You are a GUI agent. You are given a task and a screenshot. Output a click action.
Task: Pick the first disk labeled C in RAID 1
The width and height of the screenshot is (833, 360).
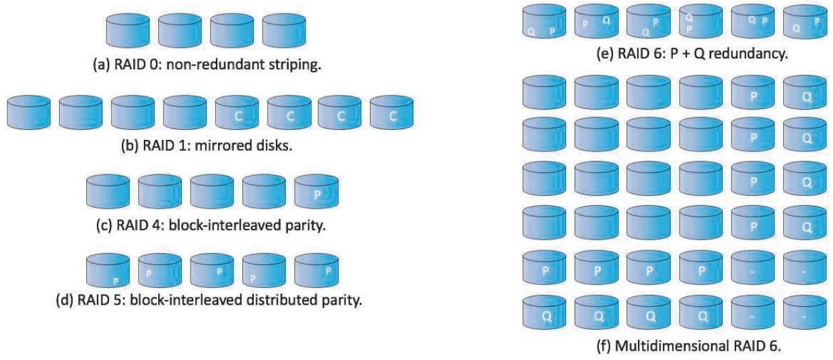click(237, 114)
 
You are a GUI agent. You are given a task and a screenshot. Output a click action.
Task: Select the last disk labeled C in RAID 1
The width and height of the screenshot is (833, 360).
click(392, 114)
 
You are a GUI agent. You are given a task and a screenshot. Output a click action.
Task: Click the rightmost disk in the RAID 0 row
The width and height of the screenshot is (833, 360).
click(283, 29)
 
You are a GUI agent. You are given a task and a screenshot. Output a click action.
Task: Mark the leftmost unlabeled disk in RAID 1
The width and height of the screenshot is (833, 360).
click(29, 114)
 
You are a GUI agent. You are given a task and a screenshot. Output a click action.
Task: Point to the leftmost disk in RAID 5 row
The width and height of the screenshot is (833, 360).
click(107, 271)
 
